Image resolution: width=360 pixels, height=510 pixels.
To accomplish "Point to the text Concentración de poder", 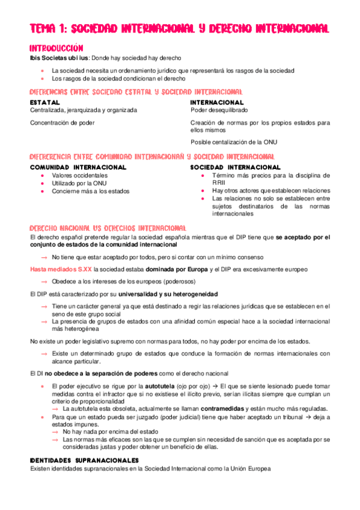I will (x=63, y=123).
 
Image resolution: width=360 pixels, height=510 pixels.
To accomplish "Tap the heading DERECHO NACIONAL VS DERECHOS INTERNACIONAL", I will (x=108, y=228).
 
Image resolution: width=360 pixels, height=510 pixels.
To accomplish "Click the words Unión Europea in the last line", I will (x=247, y=469).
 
